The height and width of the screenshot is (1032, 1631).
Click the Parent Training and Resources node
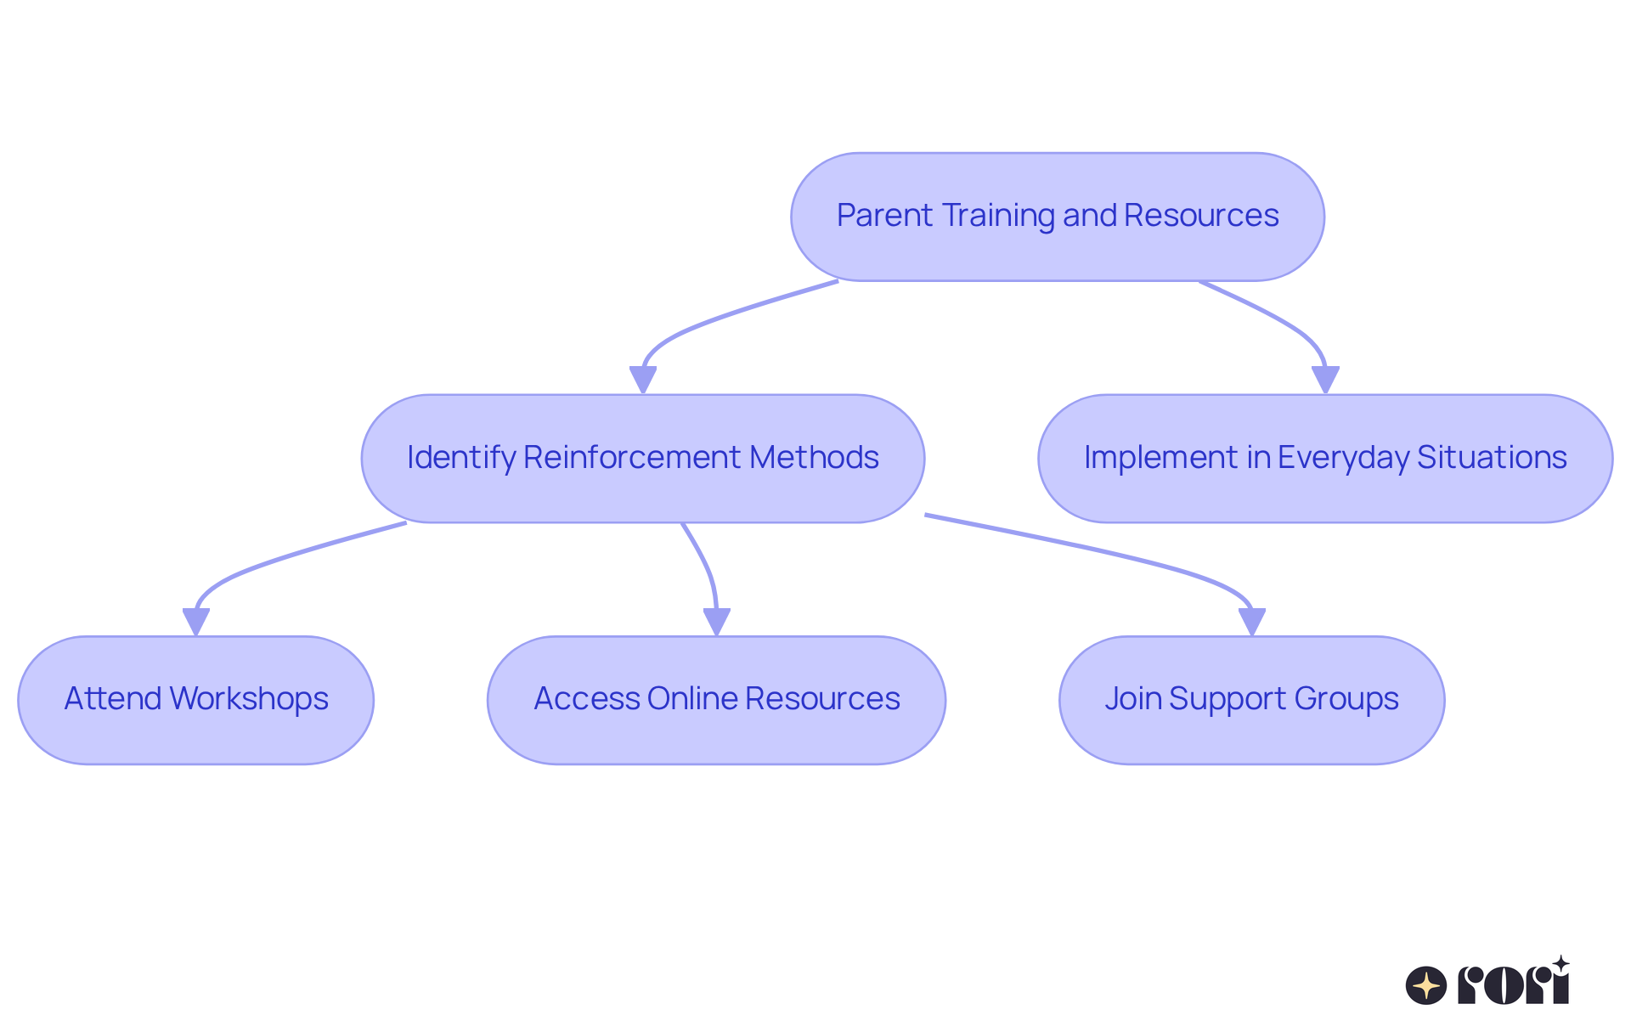click(1057, 217)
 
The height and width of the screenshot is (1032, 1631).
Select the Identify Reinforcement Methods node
click(642, 458)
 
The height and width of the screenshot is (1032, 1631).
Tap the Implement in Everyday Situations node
click(1324, 458)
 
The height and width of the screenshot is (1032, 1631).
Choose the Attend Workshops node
click(195, 700)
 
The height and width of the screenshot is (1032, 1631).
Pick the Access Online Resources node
click(716, 700)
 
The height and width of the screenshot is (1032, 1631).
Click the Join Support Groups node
click(1251, 700)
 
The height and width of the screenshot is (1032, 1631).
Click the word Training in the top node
click(999, 216)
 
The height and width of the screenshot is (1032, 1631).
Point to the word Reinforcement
click(632, 458)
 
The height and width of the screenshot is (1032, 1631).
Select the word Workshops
click(249, 699)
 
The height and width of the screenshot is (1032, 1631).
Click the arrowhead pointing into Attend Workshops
click(195, 622)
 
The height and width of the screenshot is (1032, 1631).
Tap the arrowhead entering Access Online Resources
click(717, 622)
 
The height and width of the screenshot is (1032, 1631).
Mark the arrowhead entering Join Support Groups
click(1252, 622)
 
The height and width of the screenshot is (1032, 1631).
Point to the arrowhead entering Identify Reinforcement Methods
click(643, 380)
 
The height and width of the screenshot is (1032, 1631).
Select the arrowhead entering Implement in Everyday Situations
click(1325, 380)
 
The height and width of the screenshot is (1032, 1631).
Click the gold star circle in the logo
click(1425, 985)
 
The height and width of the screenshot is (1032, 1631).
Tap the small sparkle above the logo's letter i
click(1560, 964)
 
